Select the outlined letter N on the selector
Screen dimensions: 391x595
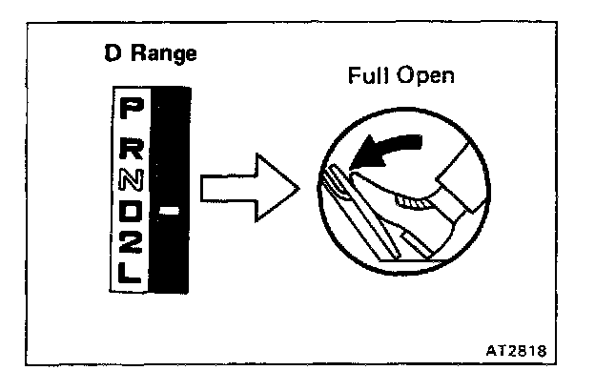click(x=131, y=179)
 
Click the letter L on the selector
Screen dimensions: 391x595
click(x=131, y=276)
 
